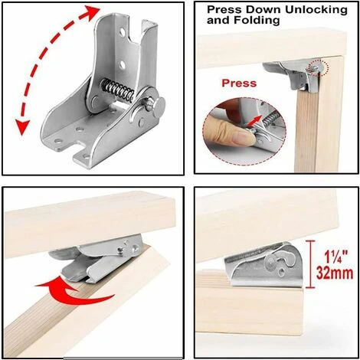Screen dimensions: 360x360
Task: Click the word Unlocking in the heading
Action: pyautogui.click(x=316, y=10)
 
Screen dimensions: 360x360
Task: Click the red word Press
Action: pyautogui.click(x=239, y=83)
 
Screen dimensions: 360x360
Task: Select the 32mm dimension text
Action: pyautogui.click(x=335, y=273)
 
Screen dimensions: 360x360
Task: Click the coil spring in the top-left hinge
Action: pyautogui.click(x=118, y=90)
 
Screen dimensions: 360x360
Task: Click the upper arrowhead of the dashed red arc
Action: pyautogui.click(x=92, y=12)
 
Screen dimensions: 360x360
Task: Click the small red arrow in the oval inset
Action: pyautogui.click(x=256, y=121)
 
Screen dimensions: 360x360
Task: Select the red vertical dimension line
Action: pyautogui.click(x=310, y=264)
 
